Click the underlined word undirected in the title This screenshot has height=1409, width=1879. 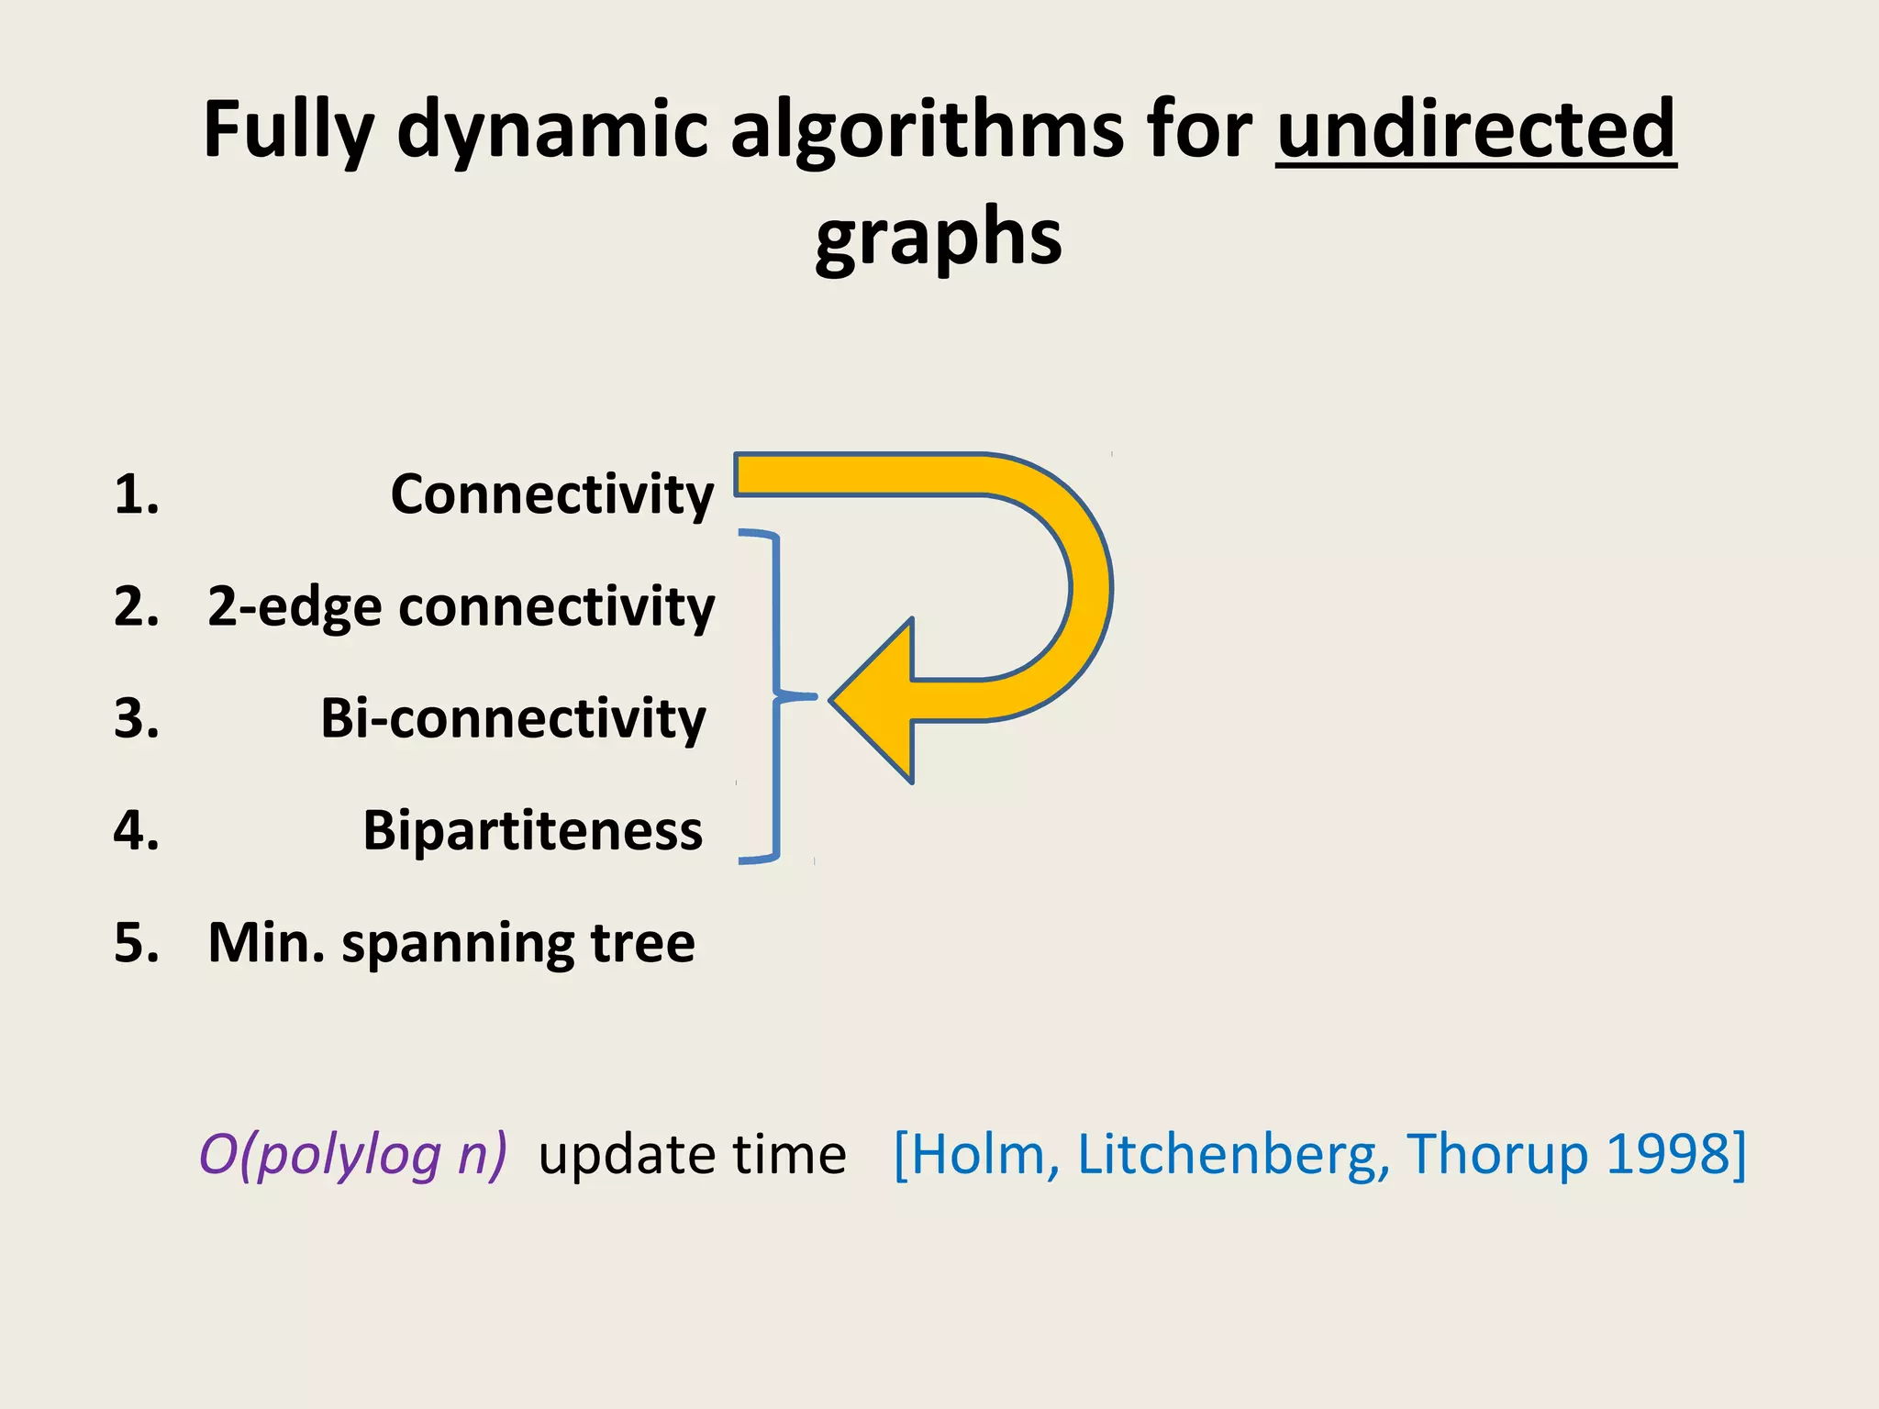click(x=1475, y=129)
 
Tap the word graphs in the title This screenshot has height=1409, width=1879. click(x=939, y=237)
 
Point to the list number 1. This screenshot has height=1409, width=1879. click(x=136, y=494)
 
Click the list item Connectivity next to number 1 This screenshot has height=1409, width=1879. click(x=551, y=494)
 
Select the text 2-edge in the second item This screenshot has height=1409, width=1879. click(x=294, y=607)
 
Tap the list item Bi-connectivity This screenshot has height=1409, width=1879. click(x=513, y=718)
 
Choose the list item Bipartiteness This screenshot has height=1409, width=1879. click(x=532, y=831)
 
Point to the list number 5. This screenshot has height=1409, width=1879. click(x=136, y=943)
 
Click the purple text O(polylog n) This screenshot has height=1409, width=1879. click(x=352, y=1154)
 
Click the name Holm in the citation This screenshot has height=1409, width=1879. click(x=978, y=1154)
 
